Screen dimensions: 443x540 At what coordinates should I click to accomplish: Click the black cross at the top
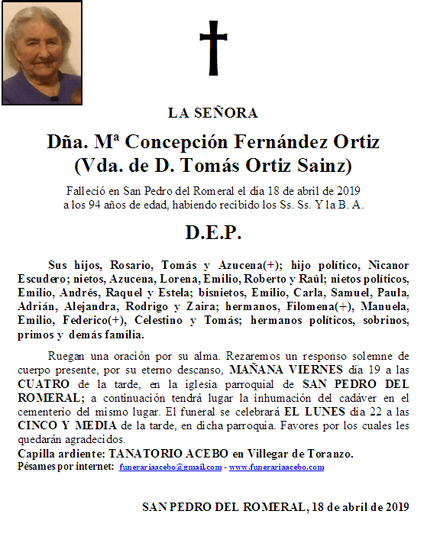[213, 48]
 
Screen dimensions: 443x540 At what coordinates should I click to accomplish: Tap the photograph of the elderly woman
[44, 55]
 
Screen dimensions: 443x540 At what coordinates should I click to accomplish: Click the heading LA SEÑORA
[213, 113]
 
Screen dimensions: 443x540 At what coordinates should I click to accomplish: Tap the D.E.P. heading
[213, 232]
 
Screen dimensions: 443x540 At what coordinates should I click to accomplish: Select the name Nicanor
[386, 264]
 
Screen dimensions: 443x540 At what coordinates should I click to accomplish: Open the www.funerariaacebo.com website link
[276, 467]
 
